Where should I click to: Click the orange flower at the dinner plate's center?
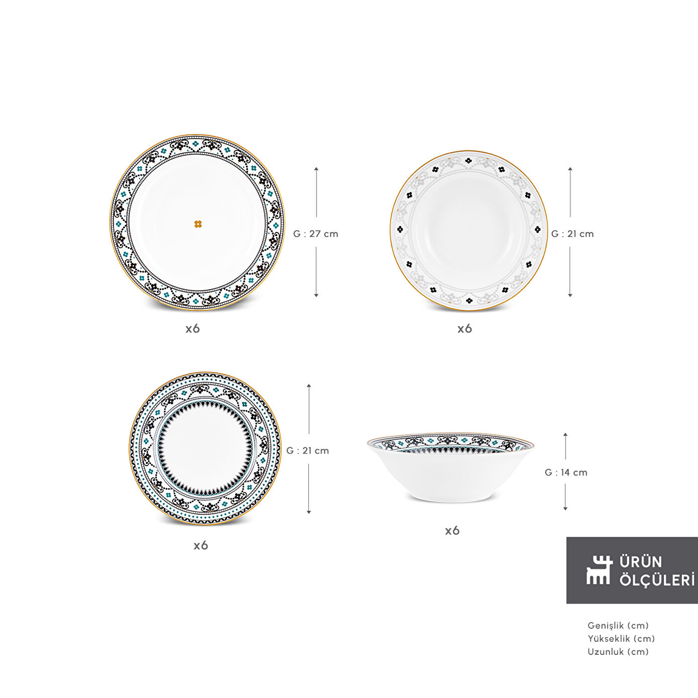[x=198, y=224]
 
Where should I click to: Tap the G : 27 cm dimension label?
[x=315, y=234]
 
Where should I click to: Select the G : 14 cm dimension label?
[x=566, y=473]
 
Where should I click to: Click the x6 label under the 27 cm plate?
[x=193, y=329]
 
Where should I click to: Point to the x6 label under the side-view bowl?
[x=452, y=531]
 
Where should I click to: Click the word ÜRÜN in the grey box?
[x=641, y=562]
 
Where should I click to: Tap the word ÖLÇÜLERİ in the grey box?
[x=657, y=580]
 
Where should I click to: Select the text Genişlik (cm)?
[x=618, y=626]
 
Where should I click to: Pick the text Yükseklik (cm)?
[x=621, y=639]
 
